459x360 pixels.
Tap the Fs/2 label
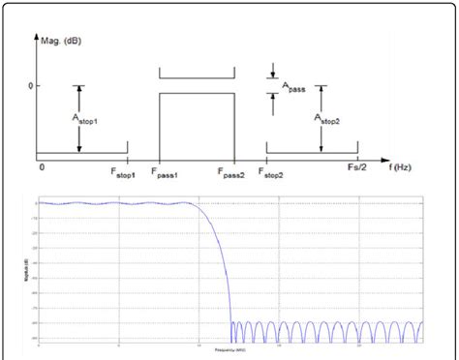pyautogui.click(x=357, y=169)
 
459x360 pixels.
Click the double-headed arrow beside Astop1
pyautogui.click(x=78, y=117)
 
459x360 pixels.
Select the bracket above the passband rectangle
pyautogui.click(x=197, y=75)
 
